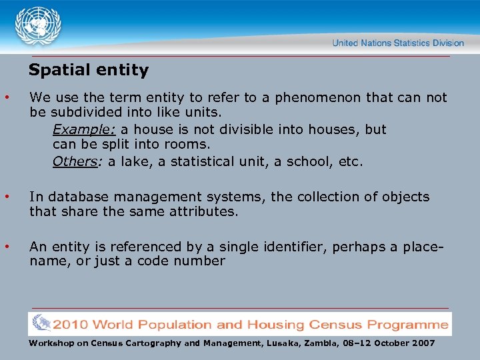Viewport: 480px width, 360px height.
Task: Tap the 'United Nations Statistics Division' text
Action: [x=398, y=43]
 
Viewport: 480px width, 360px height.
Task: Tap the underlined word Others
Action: [x=74, y=161]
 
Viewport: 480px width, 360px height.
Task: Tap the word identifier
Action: [x=293, y=247]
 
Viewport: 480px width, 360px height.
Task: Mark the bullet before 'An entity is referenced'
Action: [x=7, y=247]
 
